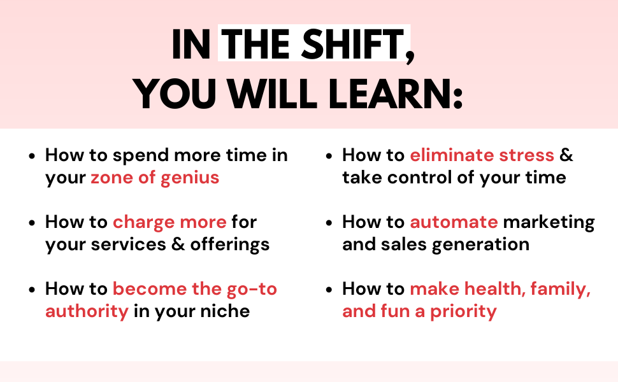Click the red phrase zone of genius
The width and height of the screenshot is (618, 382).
click(155, 178)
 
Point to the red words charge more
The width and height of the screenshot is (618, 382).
click(169, 222)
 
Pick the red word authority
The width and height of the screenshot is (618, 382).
click(87, 312)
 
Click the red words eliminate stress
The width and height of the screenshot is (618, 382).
click(482, 155)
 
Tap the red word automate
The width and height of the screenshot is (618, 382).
click(454, 222)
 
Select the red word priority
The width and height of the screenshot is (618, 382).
click(463, 311)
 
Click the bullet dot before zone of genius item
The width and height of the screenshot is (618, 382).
click(32, 156)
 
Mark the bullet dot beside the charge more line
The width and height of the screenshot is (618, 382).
click(32, 223)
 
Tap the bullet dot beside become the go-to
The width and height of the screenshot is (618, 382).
click(32, 290)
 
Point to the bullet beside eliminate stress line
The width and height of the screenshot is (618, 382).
click(329, 156)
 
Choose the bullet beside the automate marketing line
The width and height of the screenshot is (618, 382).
click(329, 223)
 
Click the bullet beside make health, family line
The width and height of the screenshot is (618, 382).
click(329, 290)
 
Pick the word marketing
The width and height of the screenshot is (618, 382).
click(549, 223)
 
